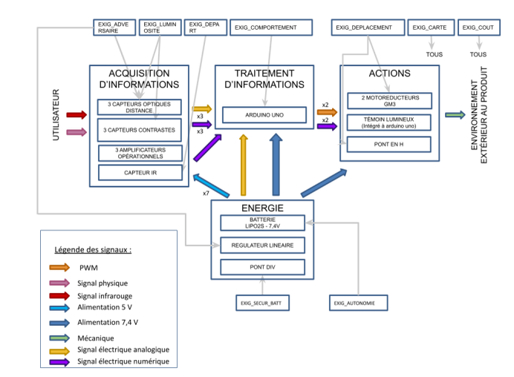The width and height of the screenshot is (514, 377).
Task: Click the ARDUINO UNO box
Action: [264, 115]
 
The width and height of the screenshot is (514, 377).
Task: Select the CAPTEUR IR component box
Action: [140, 173]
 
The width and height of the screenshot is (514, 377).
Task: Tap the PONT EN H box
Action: [388, 144]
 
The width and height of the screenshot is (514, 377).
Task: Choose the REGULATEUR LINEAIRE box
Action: [263, 246]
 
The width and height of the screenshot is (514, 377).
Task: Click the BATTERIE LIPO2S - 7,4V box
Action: [263, 223]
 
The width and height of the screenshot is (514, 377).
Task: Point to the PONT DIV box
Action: [263, 267]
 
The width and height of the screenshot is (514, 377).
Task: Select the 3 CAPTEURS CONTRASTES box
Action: [140, 130]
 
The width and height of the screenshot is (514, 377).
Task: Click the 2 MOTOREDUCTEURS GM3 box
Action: [389, 101]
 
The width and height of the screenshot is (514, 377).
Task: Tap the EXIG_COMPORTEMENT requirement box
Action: [271, 27]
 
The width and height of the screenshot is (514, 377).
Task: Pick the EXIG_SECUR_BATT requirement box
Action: [263, 303]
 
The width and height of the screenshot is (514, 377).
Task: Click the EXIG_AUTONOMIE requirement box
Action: [359, 303]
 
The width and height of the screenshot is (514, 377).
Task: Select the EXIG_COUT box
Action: [479, 27]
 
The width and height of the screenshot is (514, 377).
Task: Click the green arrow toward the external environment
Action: [455, 115]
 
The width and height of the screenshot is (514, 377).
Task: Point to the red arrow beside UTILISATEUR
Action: [77, 114]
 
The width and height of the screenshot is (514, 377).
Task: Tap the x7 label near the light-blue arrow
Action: [206, 193]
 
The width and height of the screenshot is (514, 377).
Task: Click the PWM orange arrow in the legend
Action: [59, 267]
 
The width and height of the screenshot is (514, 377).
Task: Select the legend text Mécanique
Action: [96, 338]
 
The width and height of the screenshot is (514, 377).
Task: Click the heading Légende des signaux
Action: [93, 250]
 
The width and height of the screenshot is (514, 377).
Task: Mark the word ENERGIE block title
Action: [262, 208]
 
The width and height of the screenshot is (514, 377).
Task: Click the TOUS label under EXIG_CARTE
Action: [435, 54]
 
